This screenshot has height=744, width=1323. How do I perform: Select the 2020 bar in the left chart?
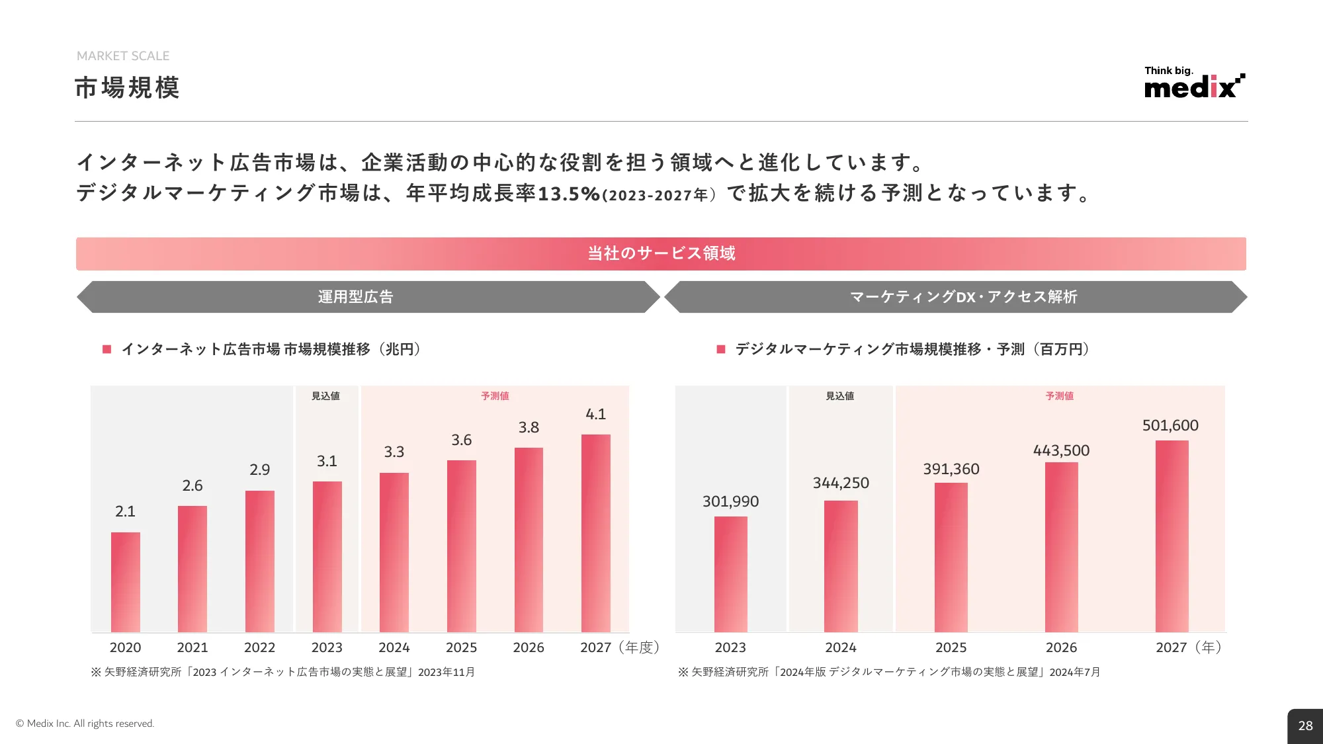(125, 582)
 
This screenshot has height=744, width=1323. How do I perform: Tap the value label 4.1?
(595, 414)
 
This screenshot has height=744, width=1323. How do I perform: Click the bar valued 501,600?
(1172, 536)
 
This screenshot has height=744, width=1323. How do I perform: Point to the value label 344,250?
(841, 483)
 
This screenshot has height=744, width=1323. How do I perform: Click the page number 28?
(1305, 725)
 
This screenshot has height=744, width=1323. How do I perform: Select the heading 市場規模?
(127, 88)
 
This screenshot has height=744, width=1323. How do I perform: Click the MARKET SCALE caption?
(123, 56)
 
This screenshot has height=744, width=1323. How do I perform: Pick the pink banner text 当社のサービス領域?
(661, 253)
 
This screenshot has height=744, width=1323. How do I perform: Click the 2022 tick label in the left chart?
(259, 647)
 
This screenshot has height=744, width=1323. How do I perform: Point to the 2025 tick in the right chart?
(951, 647)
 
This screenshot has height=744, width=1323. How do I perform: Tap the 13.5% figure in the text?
(568, 194)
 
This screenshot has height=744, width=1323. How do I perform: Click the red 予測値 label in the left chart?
(495, 395)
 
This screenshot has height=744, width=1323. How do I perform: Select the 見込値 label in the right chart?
(839, 395)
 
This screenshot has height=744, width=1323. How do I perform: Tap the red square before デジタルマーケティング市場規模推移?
(721, 349)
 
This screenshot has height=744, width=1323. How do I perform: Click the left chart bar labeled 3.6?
(461, 546)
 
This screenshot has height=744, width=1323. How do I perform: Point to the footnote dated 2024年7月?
(888, 672)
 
